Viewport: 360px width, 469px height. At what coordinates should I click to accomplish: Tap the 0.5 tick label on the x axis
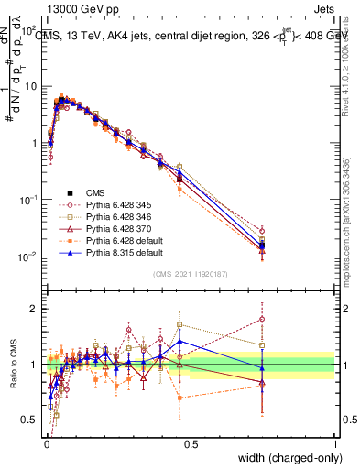pyautogui.click(x=191, y=442)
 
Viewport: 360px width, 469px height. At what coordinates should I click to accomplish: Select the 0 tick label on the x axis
pyautogui.click(x=47, y=442)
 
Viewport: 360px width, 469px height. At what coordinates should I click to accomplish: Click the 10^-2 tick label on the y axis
pyautogui.click(x=28, y=256)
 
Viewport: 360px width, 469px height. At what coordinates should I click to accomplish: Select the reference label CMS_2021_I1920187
pyautogui.click(x=190, y=274)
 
